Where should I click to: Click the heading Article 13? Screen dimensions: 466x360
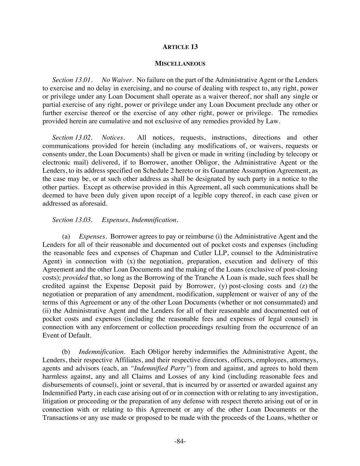click(180, 47)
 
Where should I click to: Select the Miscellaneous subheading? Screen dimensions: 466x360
click(180, 63)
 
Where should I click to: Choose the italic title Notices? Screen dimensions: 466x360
click(113, 138)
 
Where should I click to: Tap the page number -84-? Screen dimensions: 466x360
click(180, 441)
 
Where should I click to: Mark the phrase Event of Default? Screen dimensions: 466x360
click(67, 335)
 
